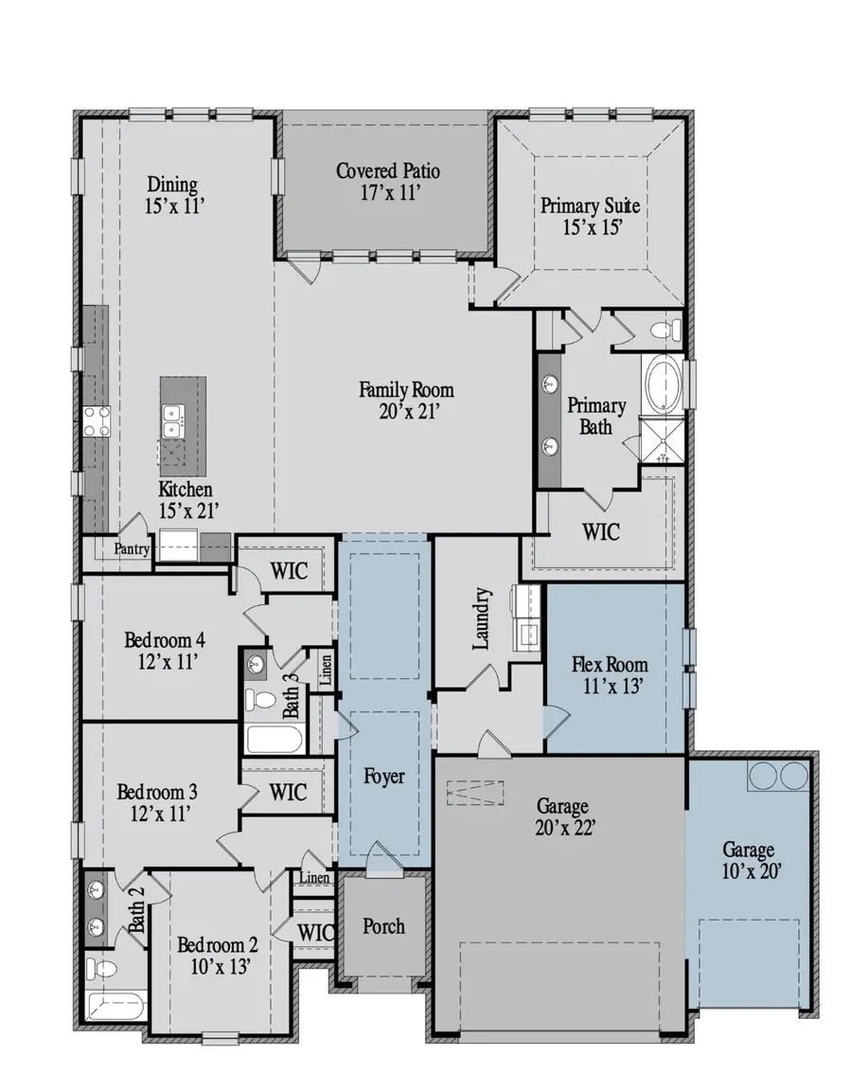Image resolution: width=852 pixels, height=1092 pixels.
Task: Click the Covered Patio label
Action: (387, 171)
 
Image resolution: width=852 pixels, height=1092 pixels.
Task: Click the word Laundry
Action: (482, 619)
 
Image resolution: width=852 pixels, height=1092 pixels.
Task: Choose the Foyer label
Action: (384, 777)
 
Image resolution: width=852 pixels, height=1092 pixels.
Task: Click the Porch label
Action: (383, 925)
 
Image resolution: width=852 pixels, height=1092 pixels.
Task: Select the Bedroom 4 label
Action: (165, 640)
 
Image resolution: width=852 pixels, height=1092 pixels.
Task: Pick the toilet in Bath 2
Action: (103, 969)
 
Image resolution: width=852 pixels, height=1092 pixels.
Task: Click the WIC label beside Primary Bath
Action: (601, 532)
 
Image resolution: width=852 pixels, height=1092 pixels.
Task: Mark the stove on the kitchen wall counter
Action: (97, 420)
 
